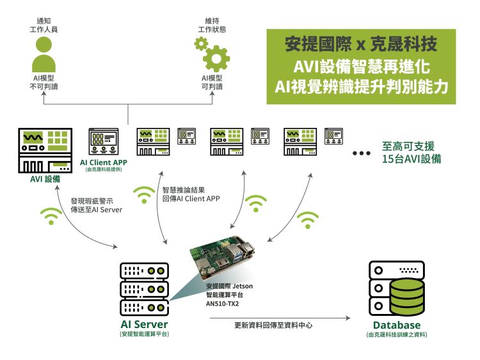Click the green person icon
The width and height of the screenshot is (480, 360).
click(44, 54)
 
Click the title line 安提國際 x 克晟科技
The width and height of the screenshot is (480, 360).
click(361, 45)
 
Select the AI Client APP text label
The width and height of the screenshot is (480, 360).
click(104, 162)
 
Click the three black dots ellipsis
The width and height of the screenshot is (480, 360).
click(362, 154)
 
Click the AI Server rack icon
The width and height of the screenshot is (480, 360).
click(145, 288)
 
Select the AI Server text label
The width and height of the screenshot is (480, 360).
click(144, 325)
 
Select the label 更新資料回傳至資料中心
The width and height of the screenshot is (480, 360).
click(273, 325)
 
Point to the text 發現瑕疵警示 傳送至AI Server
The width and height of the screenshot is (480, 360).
click(97, 205)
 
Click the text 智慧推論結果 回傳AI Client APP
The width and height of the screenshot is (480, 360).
click(191, 194)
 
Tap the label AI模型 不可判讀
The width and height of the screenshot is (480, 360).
click(44, 82)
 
